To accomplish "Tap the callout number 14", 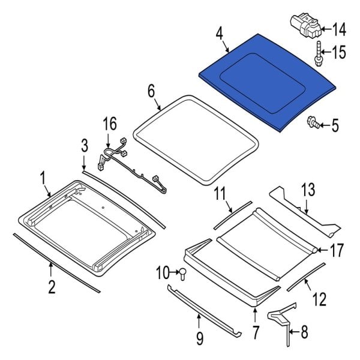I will (339, 28).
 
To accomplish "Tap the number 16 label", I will (109, 124).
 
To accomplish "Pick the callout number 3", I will (85, 145).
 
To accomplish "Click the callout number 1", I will (43, 178).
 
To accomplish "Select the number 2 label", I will (52, 287).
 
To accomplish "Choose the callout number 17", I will (338, 250).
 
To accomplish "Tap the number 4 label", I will (220, 32).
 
